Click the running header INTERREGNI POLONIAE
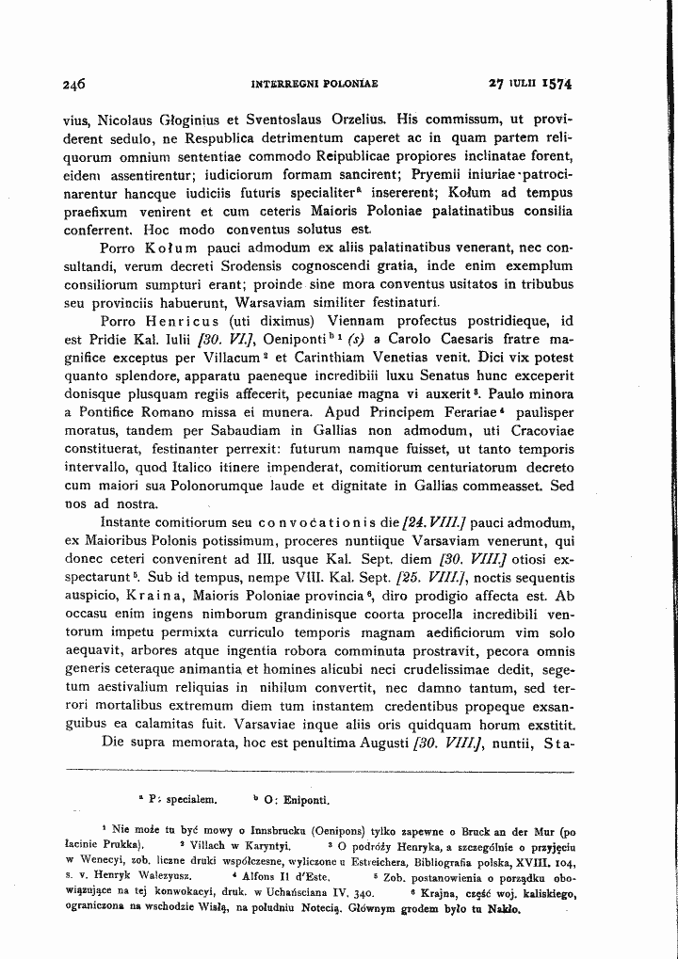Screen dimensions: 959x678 [314, 84]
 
